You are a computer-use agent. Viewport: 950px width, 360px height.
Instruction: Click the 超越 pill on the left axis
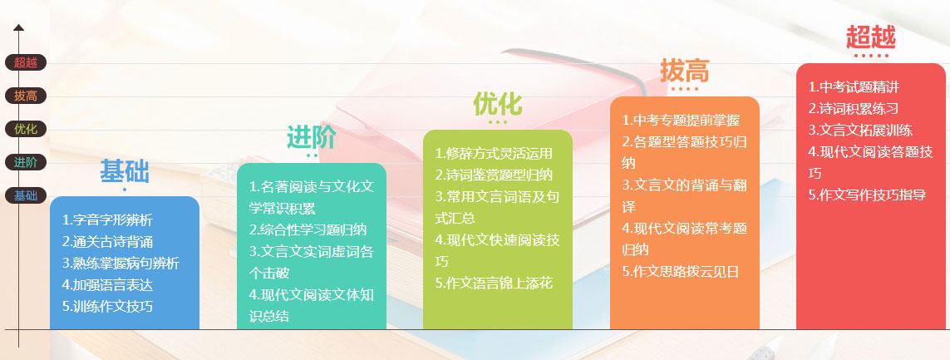pyautogui.click(x=26, y=62)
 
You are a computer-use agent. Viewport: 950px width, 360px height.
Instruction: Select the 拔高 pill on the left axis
pyautogui.click(x=26, y=96)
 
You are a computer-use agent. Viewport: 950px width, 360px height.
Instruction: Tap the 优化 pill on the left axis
pyautogui.click(x=26, y=129)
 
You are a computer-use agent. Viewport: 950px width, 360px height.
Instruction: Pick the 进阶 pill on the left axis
pyautogui.click(x=26, y=162)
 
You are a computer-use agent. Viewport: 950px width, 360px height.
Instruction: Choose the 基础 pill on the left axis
pyautogui.click(x=26, y=195)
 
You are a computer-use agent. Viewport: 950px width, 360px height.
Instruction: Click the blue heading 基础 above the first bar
pyautogui.click(x=124, y=171)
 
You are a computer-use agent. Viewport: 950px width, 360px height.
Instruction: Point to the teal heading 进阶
pyautogui.click(x=311, y=137)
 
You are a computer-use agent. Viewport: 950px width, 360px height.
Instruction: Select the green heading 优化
pyautogui.click(x=497, y=104)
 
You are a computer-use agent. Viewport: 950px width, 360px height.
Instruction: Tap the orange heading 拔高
pyautogui.click(x=684, y=71)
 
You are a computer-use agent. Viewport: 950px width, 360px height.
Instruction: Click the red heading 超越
pyautogui.click(x=870, y=37)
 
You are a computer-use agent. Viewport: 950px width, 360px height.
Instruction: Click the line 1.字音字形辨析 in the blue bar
pyautogui.click(x=107, y=220)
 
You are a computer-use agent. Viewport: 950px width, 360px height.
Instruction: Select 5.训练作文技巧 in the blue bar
pyautogui.click(x=107, y=306)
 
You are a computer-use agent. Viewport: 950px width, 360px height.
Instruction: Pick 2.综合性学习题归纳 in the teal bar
pyautogui.click(x=308, y=229)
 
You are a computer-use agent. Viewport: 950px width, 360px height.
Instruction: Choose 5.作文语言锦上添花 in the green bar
pyautogui.click(x=494, y=283)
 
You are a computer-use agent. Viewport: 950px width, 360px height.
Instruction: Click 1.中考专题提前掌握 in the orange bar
pyautogui.click(x=681, y=120)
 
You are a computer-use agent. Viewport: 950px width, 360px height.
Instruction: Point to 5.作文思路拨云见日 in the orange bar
pyautogui.click(x=681, y=271)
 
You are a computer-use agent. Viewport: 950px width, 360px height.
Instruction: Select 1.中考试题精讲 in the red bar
pyautogui.click(x=854, y=86)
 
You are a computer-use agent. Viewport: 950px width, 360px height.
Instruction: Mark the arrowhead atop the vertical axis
pyautogui.click(x=18, y=27)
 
